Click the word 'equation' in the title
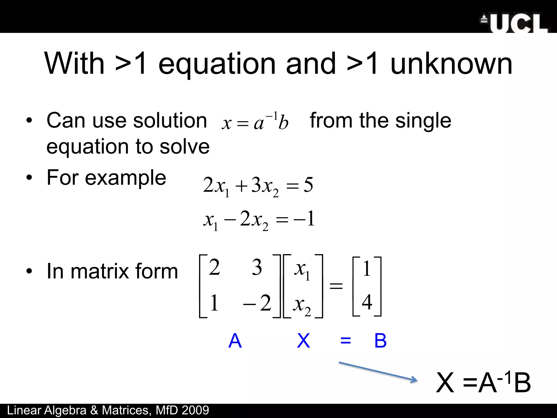[217, 64]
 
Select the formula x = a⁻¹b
[255, 121]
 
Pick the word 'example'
[125, 177]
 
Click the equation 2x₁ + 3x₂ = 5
[258, 186]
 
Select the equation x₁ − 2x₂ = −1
[259, 219]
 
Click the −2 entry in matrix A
[257, 303]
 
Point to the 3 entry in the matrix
[256, 267]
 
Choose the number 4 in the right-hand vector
[367, 302]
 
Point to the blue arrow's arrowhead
[414, 380]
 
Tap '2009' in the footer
[195, 410]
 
